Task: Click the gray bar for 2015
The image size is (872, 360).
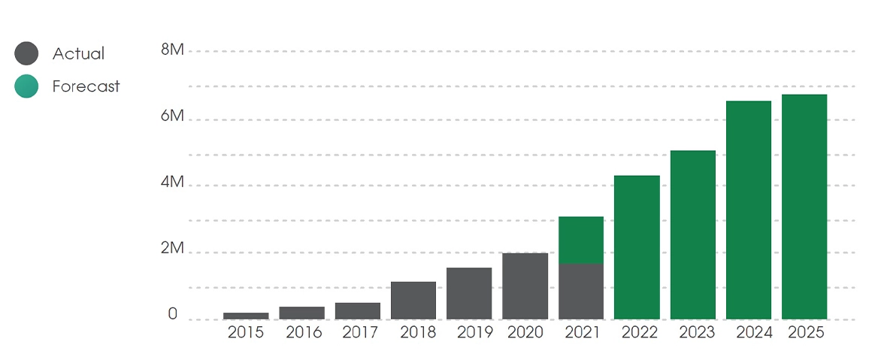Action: tap(246, 316)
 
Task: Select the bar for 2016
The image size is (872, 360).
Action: tap(301, 313)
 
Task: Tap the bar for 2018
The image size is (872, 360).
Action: tap(413, 300)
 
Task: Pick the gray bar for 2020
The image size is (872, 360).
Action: tap(525, 286)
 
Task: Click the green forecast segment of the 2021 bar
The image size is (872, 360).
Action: tap(581, 240)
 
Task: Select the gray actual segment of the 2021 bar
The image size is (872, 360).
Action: tap(581, 291)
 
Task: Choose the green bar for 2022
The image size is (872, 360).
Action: tap(637, 247)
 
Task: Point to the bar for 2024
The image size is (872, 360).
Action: tap(749, 210)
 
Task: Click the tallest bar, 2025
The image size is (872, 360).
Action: tap(804, 207)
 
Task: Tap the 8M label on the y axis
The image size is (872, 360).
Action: tap(172, 50)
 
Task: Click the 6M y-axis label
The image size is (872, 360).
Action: tap(172, 116)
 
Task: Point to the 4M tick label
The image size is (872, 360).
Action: tap(172, 183)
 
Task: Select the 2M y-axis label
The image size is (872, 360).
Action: tap(172, 249)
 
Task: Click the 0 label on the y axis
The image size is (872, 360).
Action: tap(173, 314)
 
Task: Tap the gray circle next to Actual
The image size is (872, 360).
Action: tap(26, 53)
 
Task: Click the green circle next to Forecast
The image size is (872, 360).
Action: tap(26, 86)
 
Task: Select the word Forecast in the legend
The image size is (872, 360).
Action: tap(86, 86)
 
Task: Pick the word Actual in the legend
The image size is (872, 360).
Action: tap(78, 54)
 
